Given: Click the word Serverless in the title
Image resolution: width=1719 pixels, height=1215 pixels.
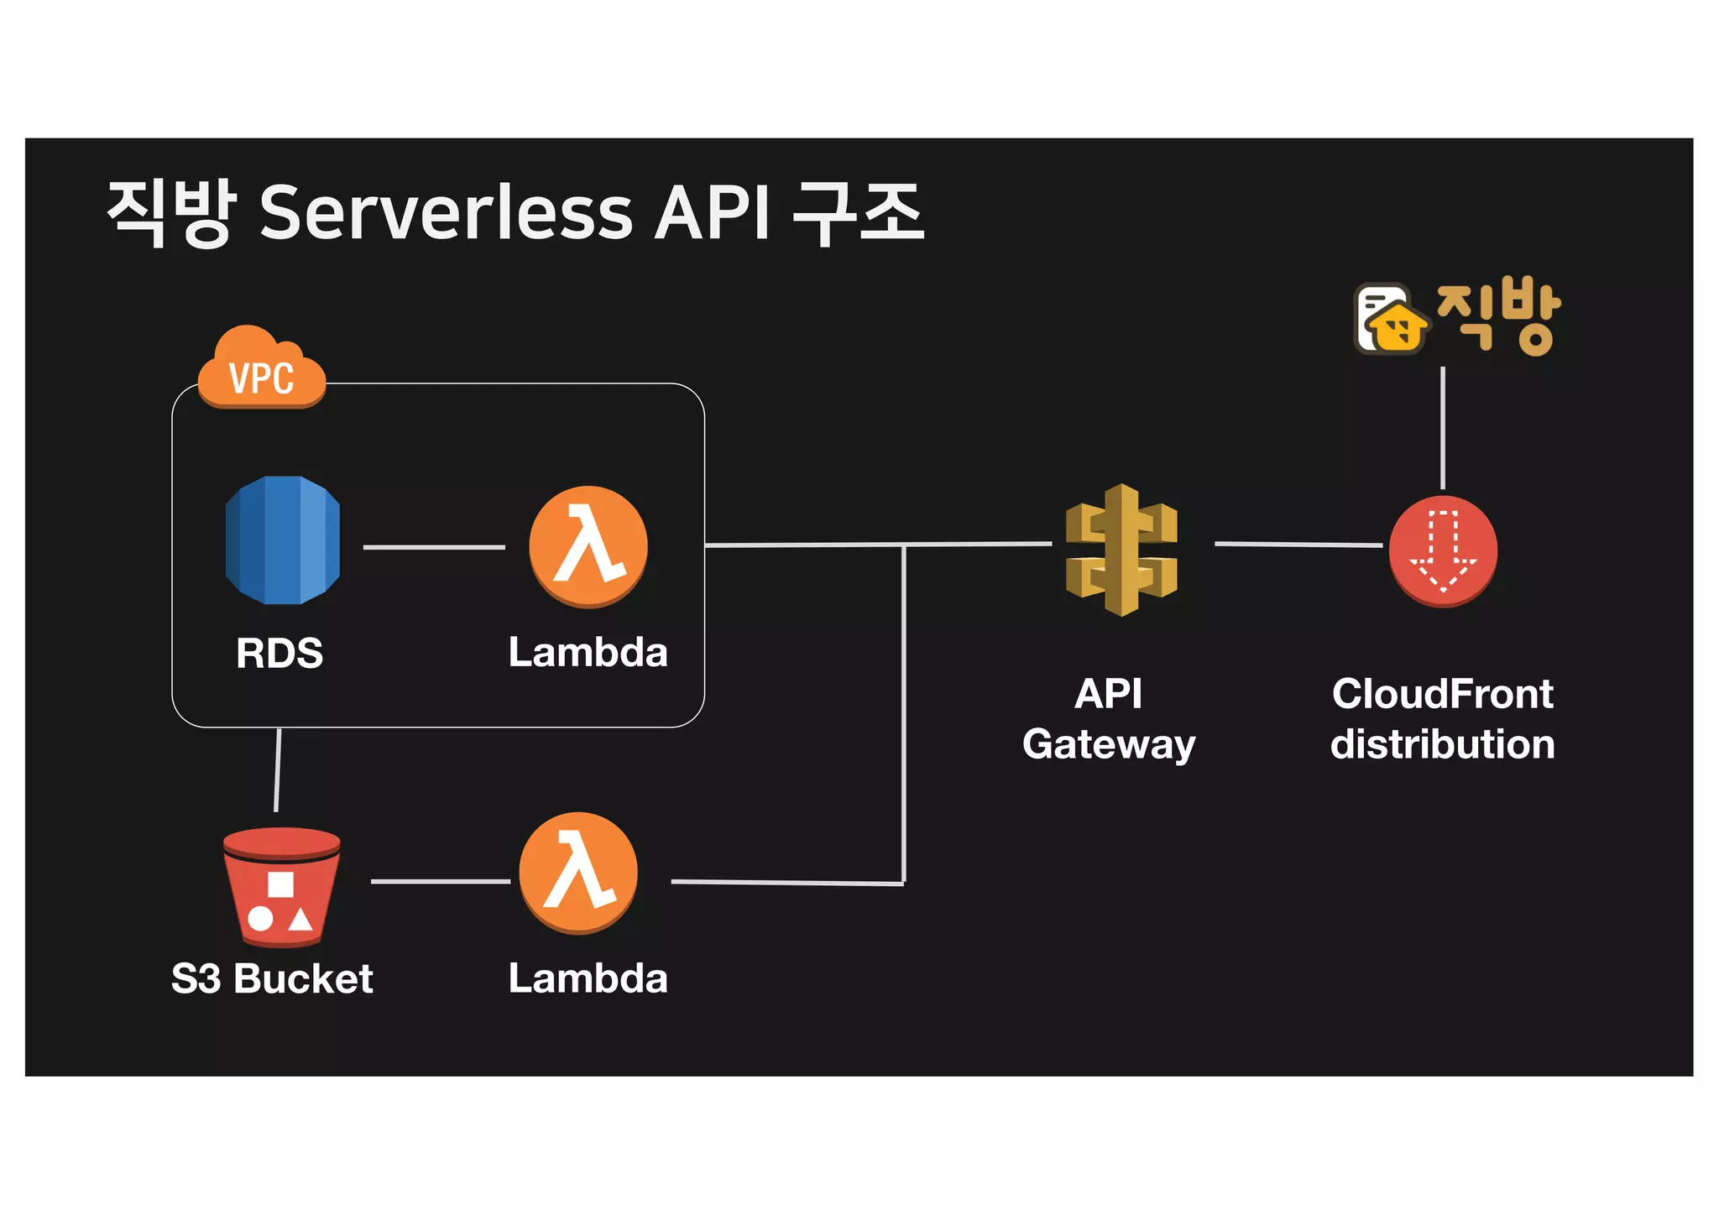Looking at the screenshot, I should pos(445,212).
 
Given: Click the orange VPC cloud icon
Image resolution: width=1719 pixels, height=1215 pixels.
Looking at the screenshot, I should pos(262,370).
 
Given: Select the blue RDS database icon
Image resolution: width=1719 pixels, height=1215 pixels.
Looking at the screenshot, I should pos(283,541).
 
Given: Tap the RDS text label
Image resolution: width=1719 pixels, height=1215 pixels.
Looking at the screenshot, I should pos(280,653).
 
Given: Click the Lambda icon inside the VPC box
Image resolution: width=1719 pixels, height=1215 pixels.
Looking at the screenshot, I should pos(588,546).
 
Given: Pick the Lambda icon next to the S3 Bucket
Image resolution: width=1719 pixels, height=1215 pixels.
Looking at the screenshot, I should pos(578,873).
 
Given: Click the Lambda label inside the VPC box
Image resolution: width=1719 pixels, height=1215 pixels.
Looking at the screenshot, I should pos(588,652).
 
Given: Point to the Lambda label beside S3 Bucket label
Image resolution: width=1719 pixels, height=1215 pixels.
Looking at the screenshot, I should pos(588,978).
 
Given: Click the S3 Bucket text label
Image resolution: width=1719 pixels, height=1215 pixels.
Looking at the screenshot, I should pos(272,978).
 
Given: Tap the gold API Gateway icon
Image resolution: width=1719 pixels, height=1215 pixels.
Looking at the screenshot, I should pos(1121,550).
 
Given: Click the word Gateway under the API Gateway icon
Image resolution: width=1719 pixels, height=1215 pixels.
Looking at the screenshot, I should pos(1109,744).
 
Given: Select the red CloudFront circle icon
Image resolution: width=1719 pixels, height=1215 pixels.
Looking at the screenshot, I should pos(1443,550).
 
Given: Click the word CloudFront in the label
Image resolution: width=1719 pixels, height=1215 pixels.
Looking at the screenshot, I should pos(1443,694).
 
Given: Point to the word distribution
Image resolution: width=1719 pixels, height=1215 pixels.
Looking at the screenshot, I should pos(1443,744).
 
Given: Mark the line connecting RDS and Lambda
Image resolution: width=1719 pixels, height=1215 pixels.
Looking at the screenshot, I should pos(434,547).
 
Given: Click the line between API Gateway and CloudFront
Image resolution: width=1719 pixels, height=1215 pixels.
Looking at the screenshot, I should pos(1298,545).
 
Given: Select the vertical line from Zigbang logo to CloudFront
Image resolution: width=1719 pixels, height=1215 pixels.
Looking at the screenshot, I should pos(1443,428).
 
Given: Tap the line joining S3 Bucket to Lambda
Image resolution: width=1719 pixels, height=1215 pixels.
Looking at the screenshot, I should pos(441,881).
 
